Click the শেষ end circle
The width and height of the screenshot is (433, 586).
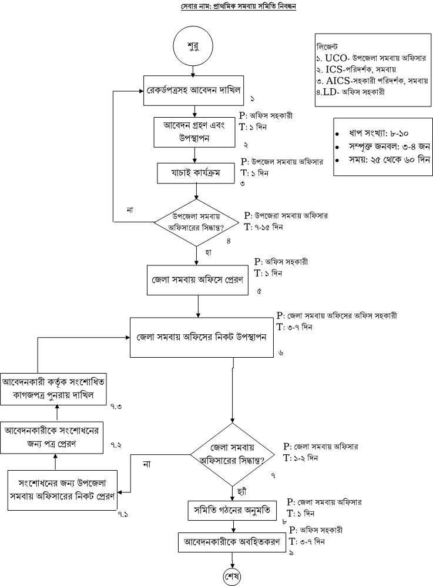click(233, 575)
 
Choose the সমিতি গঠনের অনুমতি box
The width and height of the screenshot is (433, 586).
click(232, 510)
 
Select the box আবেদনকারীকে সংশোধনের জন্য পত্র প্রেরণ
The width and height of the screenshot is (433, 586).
click(53, 437)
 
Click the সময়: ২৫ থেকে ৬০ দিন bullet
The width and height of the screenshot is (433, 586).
click(382, 160)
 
